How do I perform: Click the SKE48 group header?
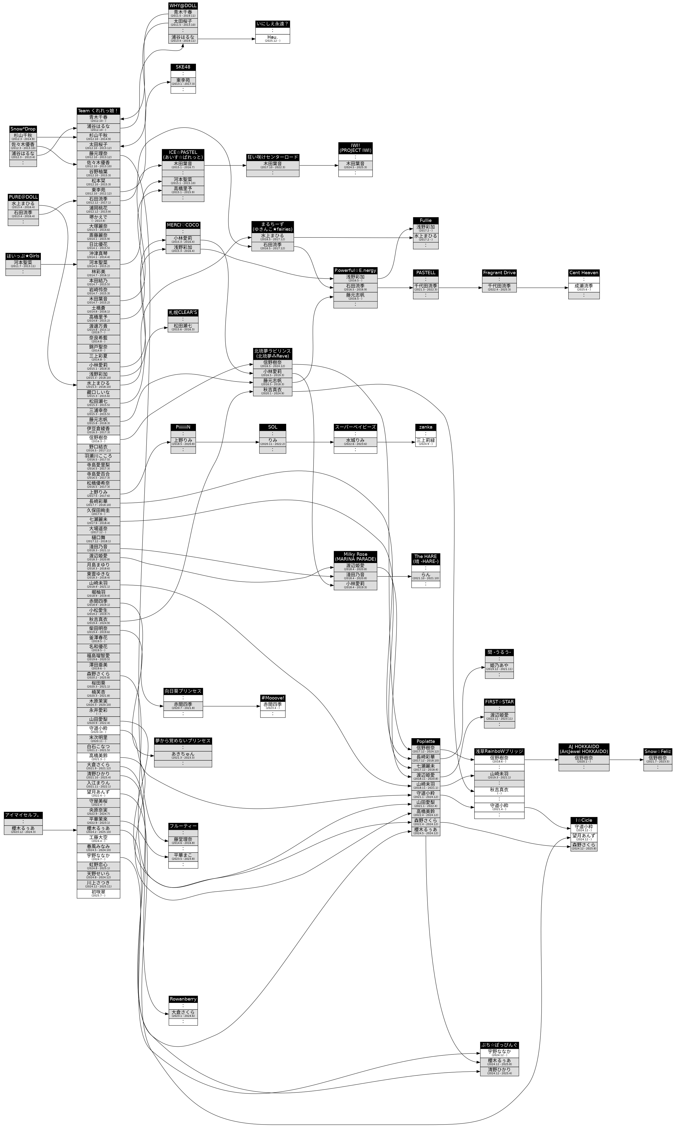tap(183, 67)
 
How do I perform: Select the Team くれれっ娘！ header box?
tap(98, 111)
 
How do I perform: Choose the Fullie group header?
tap(426, 220)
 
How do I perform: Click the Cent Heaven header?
tap(584, 272)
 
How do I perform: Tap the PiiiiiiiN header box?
tap(183, 427)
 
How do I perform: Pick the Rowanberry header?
tap(183, 999)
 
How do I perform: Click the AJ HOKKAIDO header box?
tap(584, 749)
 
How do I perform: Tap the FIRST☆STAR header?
tap(499, 702)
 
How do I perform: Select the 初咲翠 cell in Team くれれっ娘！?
tap(98, 893)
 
